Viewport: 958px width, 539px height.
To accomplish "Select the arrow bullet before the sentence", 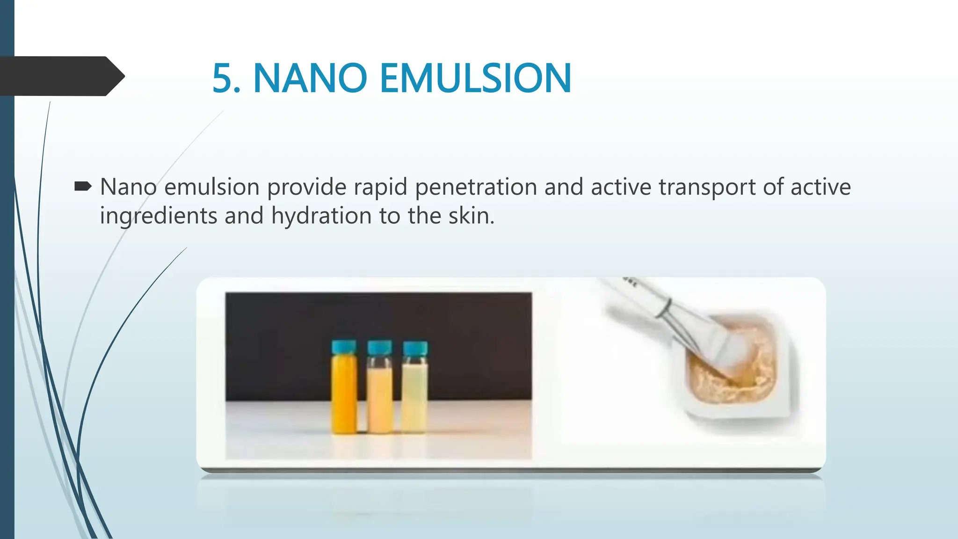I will point(83,187).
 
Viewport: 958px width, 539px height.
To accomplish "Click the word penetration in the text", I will point(475,187).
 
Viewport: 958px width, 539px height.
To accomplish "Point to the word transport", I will point(707,187).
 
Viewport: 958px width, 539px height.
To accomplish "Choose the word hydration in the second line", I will point(321,216).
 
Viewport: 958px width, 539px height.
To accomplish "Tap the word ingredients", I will point(159,216).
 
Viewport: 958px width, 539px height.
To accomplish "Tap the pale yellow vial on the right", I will point(414,395).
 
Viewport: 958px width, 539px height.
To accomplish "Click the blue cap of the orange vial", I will point(344,348).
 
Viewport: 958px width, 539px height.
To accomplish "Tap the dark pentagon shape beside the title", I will point(61,76).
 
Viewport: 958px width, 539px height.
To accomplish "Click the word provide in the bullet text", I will point(309,187).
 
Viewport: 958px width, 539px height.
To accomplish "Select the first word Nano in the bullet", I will point(128,187).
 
